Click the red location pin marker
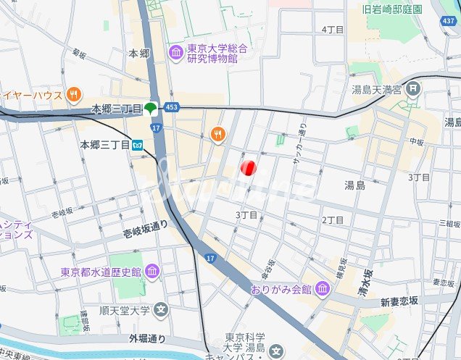coord(248,168)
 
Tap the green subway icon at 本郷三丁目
coord(150,109)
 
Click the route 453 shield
coord(172,107)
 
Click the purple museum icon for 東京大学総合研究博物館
coord(175,51)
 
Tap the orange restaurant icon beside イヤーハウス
coord(73,94)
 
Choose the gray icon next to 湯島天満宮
coord(412,90)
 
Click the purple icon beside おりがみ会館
coord(323,290)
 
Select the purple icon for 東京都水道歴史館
coord(152,272)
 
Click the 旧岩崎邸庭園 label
coord(392,9)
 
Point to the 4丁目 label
coord(332,30)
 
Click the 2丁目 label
coord(332,220)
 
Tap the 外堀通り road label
coord(148,338)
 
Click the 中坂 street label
coord(415,141)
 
